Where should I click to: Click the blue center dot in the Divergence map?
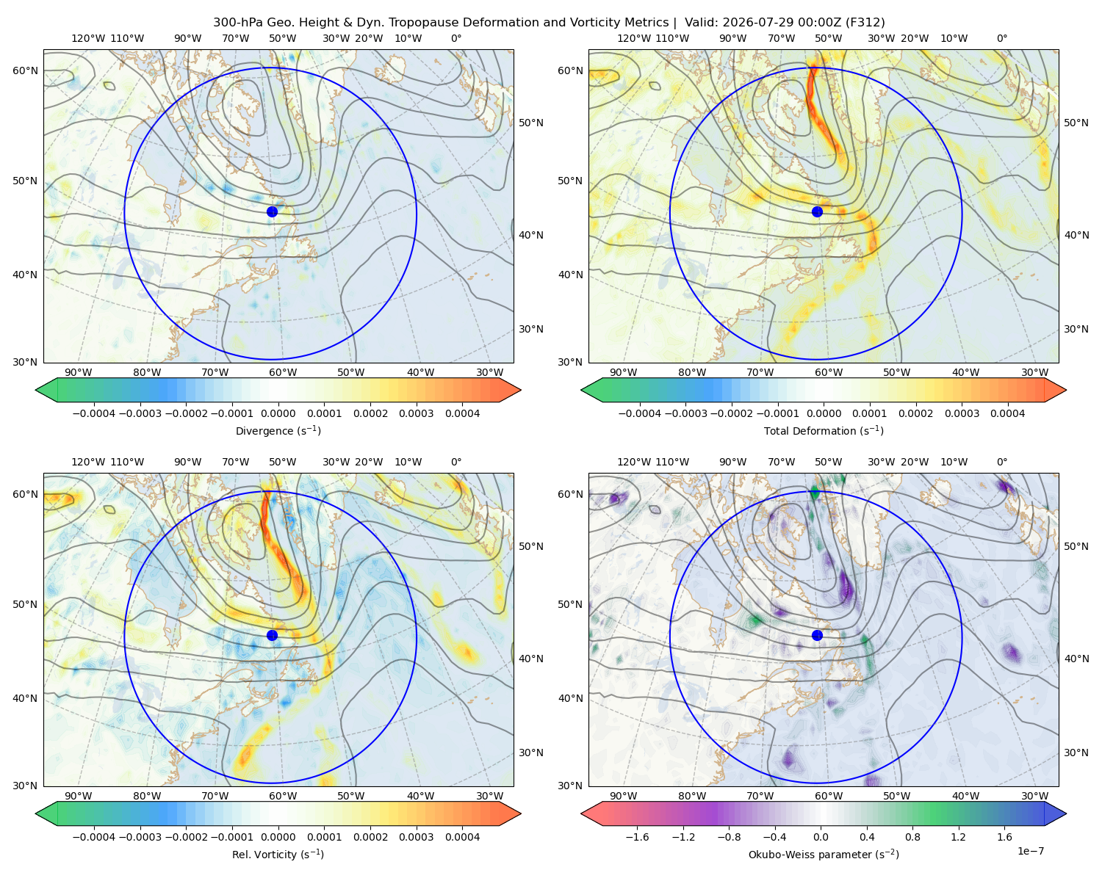coord(272,211)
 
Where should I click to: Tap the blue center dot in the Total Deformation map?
coord(817,211)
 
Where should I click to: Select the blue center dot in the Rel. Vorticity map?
coord(272,635)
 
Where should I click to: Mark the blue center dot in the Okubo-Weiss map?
coord(817,635)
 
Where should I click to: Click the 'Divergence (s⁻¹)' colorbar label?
coord(278,430)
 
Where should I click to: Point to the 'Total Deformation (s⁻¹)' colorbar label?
coord(824,430)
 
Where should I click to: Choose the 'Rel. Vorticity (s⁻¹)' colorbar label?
coord(278,854)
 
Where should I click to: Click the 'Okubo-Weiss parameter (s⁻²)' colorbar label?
coord(824,854)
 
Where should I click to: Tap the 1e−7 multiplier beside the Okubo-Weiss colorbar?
coord(1030,851)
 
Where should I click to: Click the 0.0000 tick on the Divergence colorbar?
coord(278,413)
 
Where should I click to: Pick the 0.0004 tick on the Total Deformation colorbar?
coord(1007,413)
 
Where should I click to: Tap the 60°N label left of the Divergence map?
coord(25,70)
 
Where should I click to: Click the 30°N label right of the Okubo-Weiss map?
coord(1076,753)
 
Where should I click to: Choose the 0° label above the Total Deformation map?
coord(1001,38)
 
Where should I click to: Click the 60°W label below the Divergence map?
coord(283,372)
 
